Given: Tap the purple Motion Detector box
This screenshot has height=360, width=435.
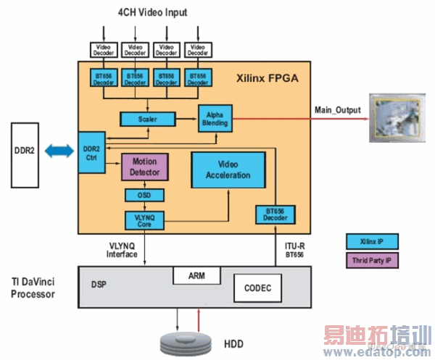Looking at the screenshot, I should pos(144,167).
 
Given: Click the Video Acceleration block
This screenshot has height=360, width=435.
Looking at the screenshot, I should pos(228,171).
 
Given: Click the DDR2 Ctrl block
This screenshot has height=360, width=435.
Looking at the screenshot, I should pos(91,153).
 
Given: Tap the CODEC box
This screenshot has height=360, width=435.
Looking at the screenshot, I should pos(257,288).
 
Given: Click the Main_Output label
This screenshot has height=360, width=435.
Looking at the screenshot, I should pos(338,109).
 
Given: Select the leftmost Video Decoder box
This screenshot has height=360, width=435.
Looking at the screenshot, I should pos(103,49).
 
